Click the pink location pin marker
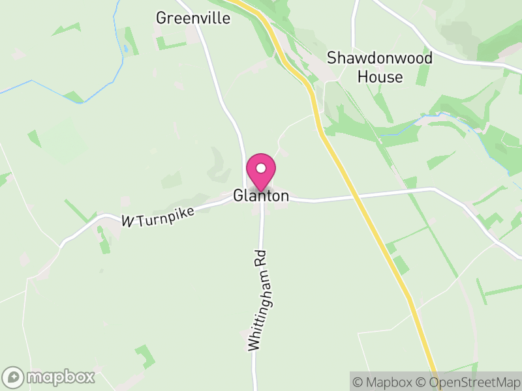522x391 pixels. [261, 171]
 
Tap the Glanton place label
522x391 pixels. [261, 196]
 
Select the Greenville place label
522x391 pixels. [193, 18]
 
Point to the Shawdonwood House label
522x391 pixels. [380, 67]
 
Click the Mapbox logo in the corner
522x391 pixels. [50, 377]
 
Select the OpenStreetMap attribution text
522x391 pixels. [468, 381]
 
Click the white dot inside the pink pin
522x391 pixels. [261, 167]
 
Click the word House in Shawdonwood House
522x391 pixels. [380, 76]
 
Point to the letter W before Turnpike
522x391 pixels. [127, 222]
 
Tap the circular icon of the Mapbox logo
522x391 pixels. [13, 377]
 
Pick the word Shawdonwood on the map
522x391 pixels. [380, 58]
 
